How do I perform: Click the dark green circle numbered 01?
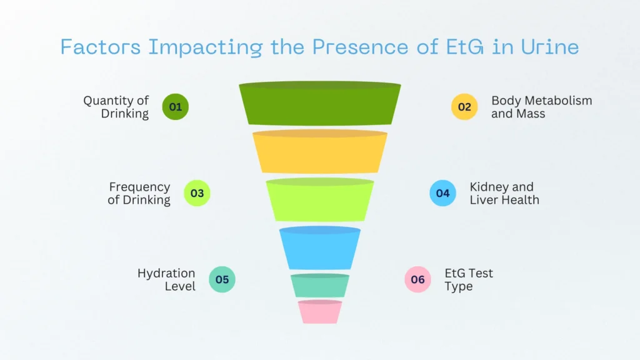click(175, 107)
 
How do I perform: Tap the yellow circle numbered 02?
click(464, 107)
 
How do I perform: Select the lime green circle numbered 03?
click(197, 193)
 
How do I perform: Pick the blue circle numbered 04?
click(442, 193)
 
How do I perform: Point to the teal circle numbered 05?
click(222, 279)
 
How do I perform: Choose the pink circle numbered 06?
click(417, 279)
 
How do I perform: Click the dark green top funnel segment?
click(319, 104)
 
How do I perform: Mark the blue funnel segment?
click(319, 248)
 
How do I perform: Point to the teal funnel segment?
click(319, 286)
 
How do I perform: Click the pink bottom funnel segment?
click(319, 312)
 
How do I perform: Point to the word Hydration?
click(166, 274)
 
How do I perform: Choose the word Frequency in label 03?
click(139, 187)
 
